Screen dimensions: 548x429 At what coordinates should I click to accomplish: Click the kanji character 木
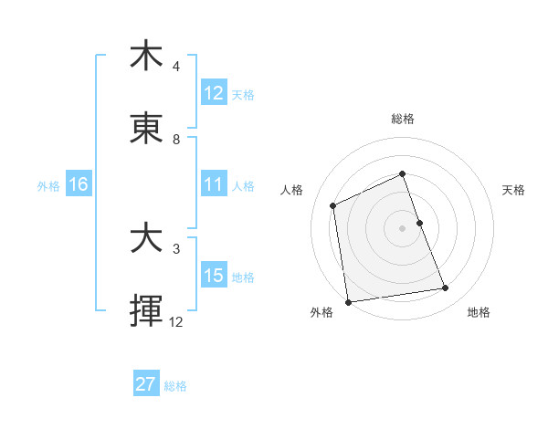[x=146, y=57]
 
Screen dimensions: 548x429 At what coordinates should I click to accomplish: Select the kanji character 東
[x=146, y=130]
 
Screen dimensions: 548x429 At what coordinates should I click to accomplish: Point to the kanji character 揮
[x=146, y=312]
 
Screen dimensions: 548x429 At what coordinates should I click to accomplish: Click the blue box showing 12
[x=214, y=93]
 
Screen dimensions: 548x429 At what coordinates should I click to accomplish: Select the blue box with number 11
[x=214, y=184]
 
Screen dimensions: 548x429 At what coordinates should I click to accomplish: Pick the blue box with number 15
[x=214, y=276]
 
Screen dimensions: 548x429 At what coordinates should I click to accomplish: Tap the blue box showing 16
[x=79, y=184]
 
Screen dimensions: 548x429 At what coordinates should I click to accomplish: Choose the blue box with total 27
[x=146, y=384]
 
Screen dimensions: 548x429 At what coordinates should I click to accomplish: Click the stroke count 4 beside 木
[x=176, y=67]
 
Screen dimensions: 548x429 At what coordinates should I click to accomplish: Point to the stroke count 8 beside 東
[x=176, y=140]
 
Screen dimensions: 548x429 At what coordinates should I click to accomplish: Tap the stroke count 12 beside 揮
[x=176, y=322]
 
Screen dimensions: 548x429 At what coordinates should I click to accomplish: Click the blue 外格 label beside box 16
[x=48, y=185]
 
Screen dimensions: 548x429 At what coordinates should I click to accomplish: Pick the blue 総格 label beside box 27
[x=175, y=385]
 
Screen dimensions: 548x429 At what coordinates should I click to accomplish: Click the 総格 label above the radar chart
[x=403, y=119]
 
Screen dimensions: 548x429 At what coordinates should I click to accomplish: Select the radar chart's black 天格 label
[x=513, y=190]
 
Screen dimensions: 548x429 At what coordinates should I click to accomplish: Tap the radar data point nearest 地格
[x=446, y=288]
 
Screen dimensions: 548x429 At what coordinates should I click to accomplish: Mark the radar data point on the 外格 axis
[x=348, y=302]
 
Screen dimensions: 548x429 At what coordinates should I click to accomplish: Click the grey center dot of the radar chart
[x=403, y=227]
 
